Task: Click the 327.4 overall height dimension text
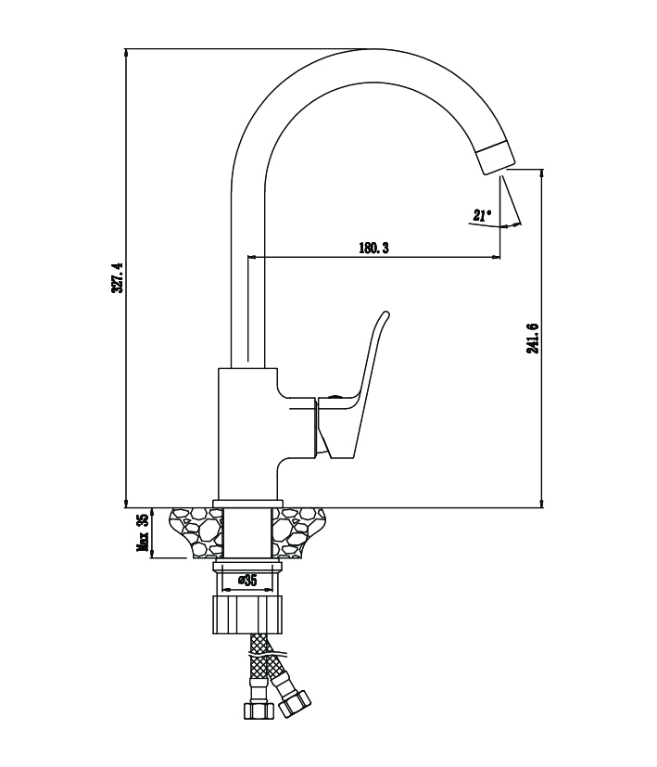coord(117,277)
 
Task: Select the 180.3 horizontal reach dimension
coord(373,248)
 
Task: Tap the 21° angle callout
coord(481,216)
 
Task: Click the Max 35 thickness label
coord(143,533)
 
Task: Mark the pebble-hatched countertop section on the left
coord(192,533)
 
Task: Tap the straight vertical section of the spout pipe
coord(246,278)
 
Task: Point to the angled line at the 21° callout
coord(511,198)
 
